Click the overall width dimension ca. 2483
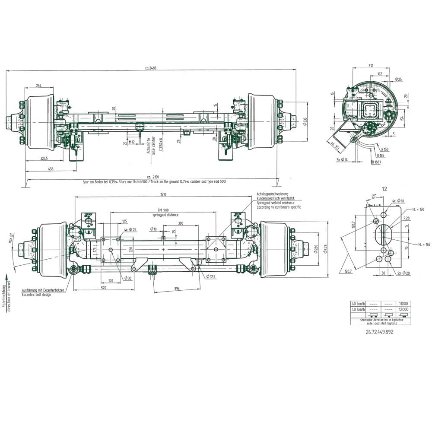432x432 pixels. click(x=151, y=67)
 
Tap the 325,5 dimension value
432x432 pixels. click(x=44, y=158)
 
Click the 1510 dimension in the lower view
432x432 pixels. click(x=163, y=194)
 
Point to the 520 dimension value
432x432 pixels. click(x=104, y=287)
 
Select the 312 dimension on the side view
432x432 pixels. click(x=371, y=66)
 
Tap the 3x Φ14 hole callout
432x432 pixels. click(x=343, y=160)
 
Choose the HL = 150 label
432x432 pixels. click(x=418, y=209)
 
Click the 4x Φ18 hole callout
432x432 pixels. click(x=398, y=201)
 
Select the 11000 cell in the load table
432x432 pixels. click(x=403, y=304)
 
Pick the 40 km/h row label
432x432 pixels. click(x=358, y=309)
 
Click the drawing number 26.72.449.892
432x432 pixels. click(x=379, y=332)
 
